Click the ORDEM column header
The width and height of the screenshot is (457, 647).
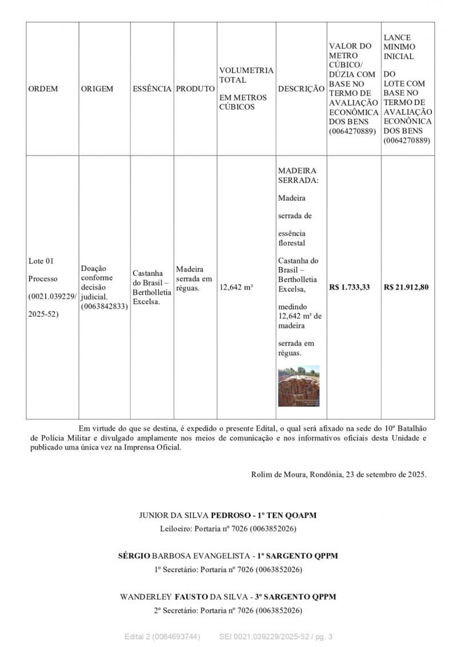point(43,89)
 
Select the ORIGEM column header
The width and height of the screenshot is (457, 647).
point(97,89)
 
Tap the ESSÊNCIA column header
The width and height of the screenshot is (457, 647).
point(152,89)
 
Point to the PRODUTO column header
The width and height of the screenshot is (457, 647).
point(195,89)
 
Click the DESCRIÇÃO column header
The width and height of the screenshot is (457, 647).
point(301,89)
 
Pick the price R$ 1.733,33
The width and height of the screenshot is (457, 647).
point(350,287)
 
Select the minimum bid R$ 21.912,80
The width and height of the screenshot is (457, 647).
point(406,287)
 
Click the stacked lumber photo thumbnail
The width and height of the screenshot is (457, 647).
point(299,386)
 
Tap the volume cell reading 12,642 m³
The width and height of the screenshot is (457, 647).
point(236,287)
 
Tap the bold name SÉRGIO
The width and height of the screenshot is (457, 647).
point(134,556)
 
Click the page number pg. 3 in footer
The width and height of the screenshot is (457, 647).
point(323,637)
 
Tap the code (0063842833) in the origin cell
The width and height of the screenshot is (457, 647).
point(105,306)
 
